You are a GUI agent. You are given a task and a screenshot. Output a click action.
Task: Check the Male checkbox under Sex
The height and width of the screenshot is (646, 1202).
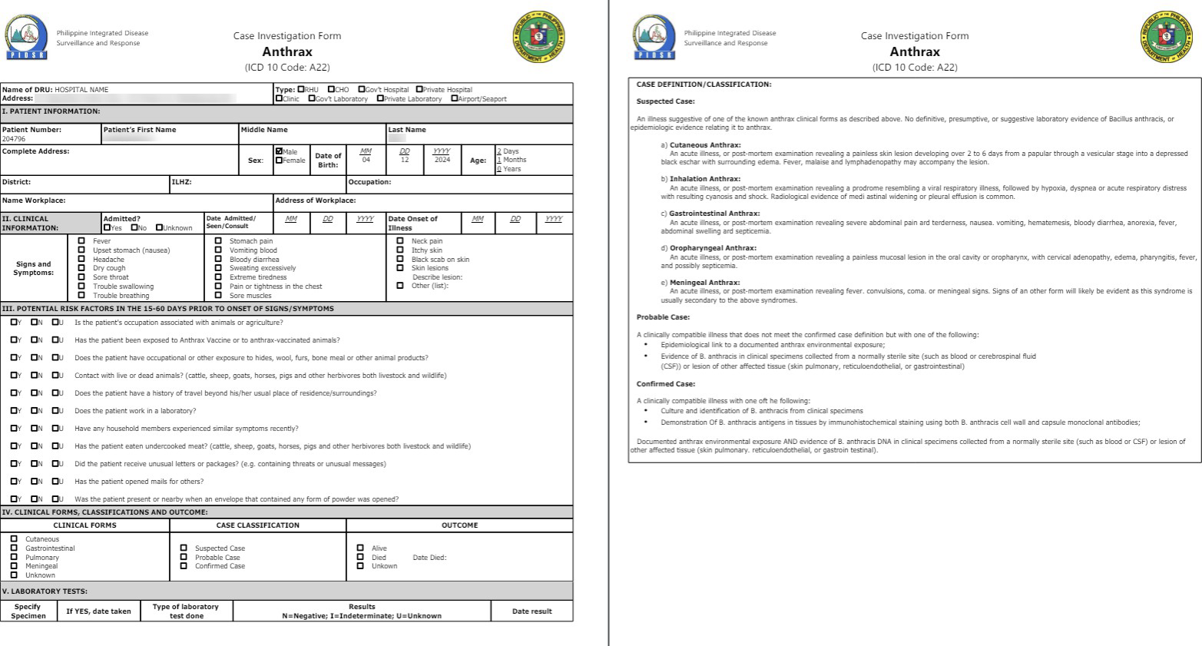(279, 151)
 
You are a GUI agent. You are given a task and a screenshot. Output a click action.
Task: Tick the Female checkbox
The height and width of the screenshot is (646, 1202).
(279, 161)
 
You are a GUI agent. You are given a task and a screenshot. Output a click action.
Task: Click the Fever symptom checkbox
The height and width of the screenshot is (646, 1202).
(81, 240)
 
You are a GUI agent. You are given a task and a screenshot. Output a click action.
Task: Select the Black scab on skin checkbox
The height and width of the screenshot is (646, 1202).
(399, 259)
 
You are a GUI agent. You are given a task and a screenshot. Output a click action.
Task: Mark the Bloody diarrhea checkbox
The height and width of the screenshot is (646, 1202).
(218, 259)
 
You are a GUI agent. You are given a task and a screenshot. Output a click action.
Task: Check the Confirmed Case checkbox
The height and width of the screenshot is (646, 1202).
(184, 566)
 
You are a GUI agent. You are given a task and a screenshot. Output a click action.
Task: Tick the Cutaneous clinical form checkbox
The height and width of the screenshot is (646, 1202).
(14, 538)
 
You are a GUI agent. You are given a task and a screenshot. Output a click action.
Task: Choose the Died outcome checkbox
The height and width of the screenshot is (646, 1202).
(360, 557)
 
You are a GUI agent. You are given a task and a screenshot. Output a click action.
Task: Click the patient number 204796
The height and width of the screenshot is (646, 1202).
(14, 139)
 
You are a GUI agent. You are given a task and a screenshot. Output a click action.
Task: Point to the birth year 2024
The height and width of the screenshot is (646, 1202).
(442, 160)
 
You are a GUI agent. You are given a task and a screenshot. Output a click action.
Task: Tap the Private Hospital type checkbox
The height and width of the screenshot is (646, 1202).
(419, 89)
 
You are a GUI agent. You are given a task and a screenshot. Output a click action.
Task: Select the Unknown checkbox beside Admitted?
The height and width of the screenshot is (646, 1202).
(159, 227)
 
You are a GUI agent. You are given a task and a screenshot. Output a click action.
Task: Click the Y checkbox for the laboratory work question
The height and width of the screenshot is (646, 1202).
(14, 410)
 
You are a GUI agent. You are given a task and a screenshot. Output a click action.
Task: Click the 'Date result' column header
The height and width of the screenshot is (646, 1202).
(531, 611)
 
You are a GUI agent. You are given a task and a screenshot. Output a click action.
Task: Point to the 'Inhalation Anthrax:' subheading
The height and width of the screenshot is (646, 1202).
(704, 179)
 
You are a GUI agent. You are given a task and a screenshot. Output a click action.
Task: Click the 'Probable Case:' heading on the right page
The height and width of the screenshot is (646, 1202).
(663, 317)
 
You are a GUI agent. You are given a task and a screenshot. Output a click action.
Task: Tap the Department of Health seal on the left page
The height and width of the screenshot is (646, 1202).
(538, 37)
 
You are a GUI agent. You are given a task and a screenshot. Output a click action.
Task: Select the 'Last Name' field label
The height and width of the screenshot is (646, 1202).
(407, 130)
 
